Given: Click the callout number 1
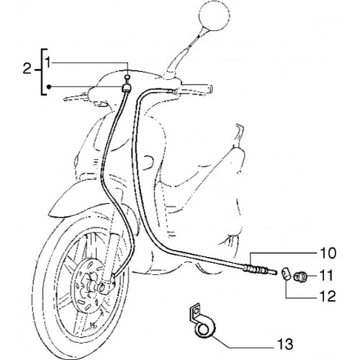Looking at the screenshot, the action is click(x=48, y=63).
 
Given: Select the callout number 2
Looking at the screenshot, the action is click(x=27, y=69).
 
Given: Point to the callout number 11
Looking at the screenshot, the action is click(x=326, y=276).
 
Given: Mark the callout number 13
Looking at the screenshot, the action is click(x=284, y=344).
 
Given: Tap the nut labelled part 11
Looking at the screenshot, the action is click(x=300, y=276).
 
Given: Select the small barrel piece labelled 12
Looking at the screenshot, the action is click(x=285, y=274).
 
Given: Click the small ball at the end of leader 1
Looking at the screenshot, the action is click(x=128, y=77).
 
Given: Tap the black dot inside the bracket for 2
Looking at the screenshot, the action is click(x=49, y=86).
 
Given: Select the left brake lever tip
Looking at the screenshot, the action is click(x=66, y=99).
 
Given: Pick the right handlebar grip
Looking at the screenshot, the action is click(x=197, y=88).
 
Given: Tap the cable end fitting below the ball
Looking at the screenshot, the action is click(x=127, y=88).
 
